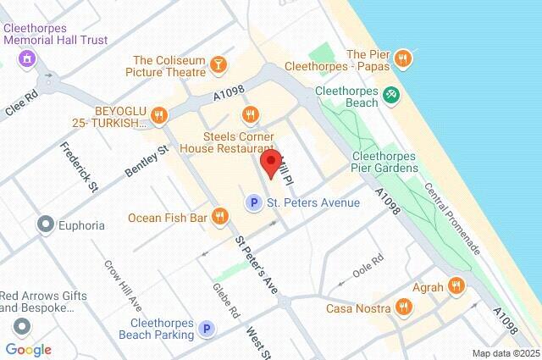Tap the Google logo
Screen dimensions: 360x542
[x=28, y=350]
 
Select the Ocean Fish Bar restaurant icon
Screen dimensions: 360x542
[x=220, y=217]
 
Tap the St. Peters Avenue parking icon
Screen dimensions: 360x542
[x=252, y=202]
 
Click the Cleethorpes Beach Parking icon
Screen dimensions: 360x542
[x=206, y=328]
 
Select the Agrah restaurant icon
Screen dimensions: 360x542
[x=456, y=286]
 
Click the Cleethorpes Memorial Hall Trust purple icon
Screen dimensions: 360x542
[x=27, y=58]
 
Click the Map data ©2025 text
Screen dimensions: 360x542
[x=506, y=353]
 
